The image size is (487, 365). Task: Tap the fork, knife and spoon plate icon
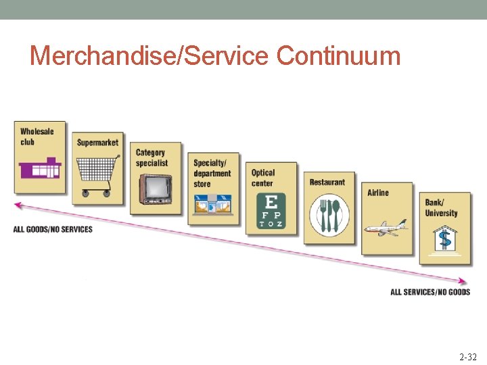[329, 216]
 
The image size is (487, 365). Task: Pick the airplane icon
[386, 226]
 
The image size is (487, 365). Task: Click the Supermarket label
[97, 142]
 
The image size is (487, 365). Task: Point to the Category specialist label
[152, 157]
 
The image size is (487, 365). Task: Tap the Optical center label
[263, 178]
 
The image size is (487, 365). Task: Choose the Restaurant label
[327, 182]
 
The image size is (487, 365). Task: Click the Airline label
[378, 193]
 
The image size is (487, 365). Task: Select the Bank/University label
[441, 208]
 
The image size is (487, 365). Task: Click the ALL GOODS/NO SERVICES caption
[53, 230]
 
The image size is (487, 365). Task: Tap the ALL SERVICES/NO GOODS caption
[430, 292]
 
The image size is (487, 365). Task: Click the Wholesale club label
[37, 137]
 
